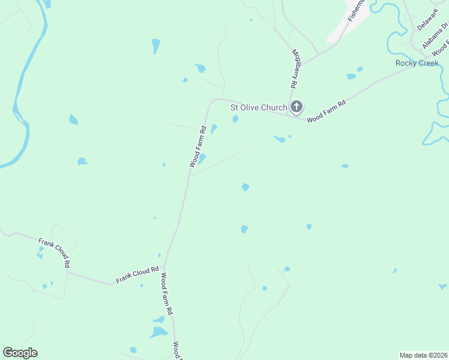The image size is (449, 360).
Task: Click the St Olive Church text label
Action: coord(259,108)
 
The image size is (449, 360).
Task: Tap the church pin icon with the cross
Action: coord(296,107)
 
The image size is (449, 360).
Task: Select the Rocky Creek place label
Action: coord(417,63)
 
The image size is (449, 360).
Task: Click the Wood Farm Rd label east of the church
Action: coord(327,112)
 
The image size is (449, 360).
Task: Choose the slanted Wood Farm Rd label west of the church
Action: coord(198,146)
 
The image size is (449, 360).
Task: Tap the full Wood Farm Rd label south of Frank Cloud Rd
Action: coord(166,295)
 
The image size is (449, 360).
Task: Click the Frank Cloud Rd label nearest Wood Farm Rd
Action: coord(137,275)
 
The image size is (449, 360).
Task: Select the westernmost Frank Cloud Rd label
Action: coord(55,253)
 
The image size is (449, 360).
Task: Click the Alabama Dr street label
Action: coord(434,36)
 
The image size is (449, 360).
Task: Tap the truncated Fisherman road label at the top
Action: coord(356,10)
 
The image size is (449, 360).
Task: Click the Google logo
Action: coord(20,353)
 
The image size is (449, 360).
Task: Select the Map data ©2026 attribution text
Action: coord(423,355)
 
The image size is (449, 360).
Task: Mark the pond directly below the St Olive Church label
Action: coord(235,119)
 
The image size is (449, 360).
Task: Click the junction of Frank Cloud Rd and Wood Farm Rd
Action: coord(165,268)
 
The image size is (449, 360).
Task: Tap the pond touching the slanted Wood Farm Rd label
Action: coord(202,158)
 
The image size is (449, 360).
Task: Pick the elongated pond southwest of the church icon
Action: coord(279,139)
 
